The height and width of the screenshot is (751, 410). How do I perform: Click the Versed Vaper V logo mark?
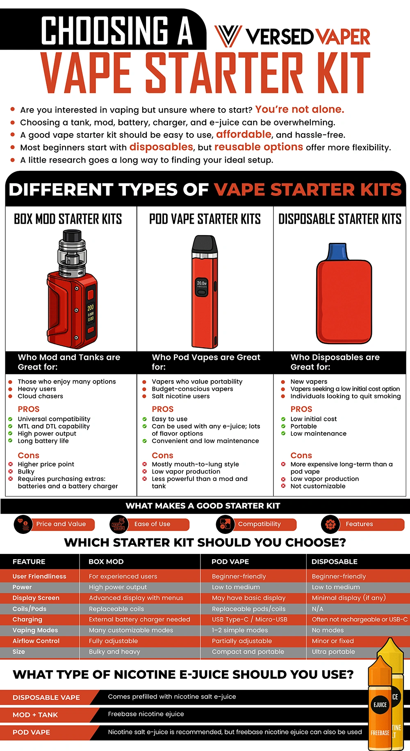228,36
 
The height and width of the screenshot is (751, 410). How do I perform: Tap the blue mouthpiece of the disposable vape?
337,252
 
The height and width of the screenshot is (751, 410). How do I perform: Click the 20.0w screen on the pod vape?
202,285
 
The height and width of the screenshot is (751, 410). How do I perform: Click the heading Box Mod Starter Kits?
68,219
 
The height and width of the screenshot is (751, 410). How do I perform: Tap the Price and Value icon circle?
23,524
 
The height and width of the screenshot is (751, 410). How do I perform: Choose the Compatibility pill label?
260,524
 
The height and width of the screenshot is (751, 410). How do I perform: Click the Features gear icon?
330,524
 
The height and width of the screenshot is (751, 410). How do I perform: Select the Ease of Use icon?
119,524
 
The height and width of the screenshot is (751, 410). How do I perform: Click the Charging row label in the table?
27,619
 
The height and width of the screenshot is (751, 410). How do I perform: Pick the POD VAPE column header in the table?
230,562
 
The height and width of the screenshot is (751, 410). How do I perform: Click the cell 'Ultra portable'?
333,651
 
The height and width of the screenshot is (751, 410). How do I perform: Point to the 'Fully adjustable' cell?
113,641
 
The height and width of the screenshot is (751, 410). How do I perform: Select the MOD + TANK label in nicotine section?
35,715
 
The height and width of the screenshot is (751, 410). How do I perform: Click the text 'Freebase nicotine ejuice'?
146,714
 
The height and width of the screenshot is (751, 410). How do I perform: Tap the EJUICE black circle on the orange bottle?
380,705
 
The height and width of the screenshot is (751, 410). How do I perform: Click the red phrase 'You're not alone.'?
299,109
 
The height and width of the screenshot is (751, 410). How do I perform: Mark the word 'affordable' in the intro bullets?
244,134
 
